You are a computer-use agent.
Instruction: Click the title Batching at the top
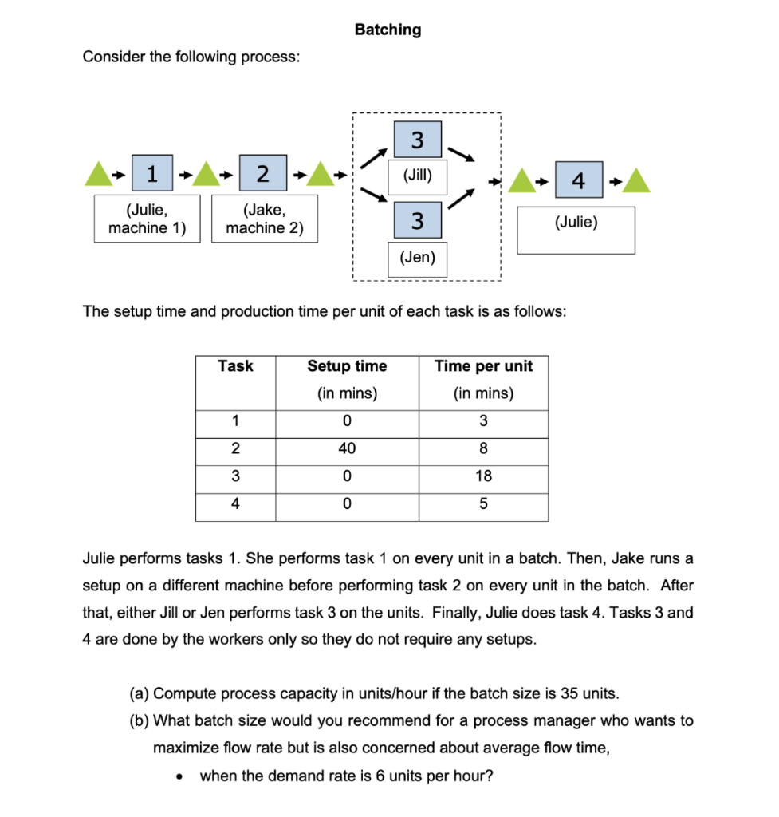coord(388,30)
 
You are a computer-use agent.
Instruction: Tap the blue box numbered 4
coord(578,181)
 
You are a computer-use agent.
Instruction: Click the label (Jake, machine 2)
coord(263,219)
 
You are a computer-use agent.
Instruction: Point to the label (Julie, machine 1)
coord(147,219)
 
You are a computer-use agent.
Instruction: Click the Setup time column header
coord(347,366)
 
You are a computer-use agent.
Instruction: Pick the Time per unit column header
coord(483,366)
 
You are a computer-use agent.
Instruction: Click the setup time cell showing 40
coord(347,448)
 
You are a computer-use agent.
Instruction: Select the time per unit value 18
coord(483,476)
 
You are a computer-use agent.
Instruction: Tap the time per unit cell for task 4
coord(483,504)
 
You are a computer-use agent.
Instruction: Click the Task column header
coord(235,366)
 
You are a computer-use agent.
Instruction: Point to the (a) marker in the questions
coord(139,692)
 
